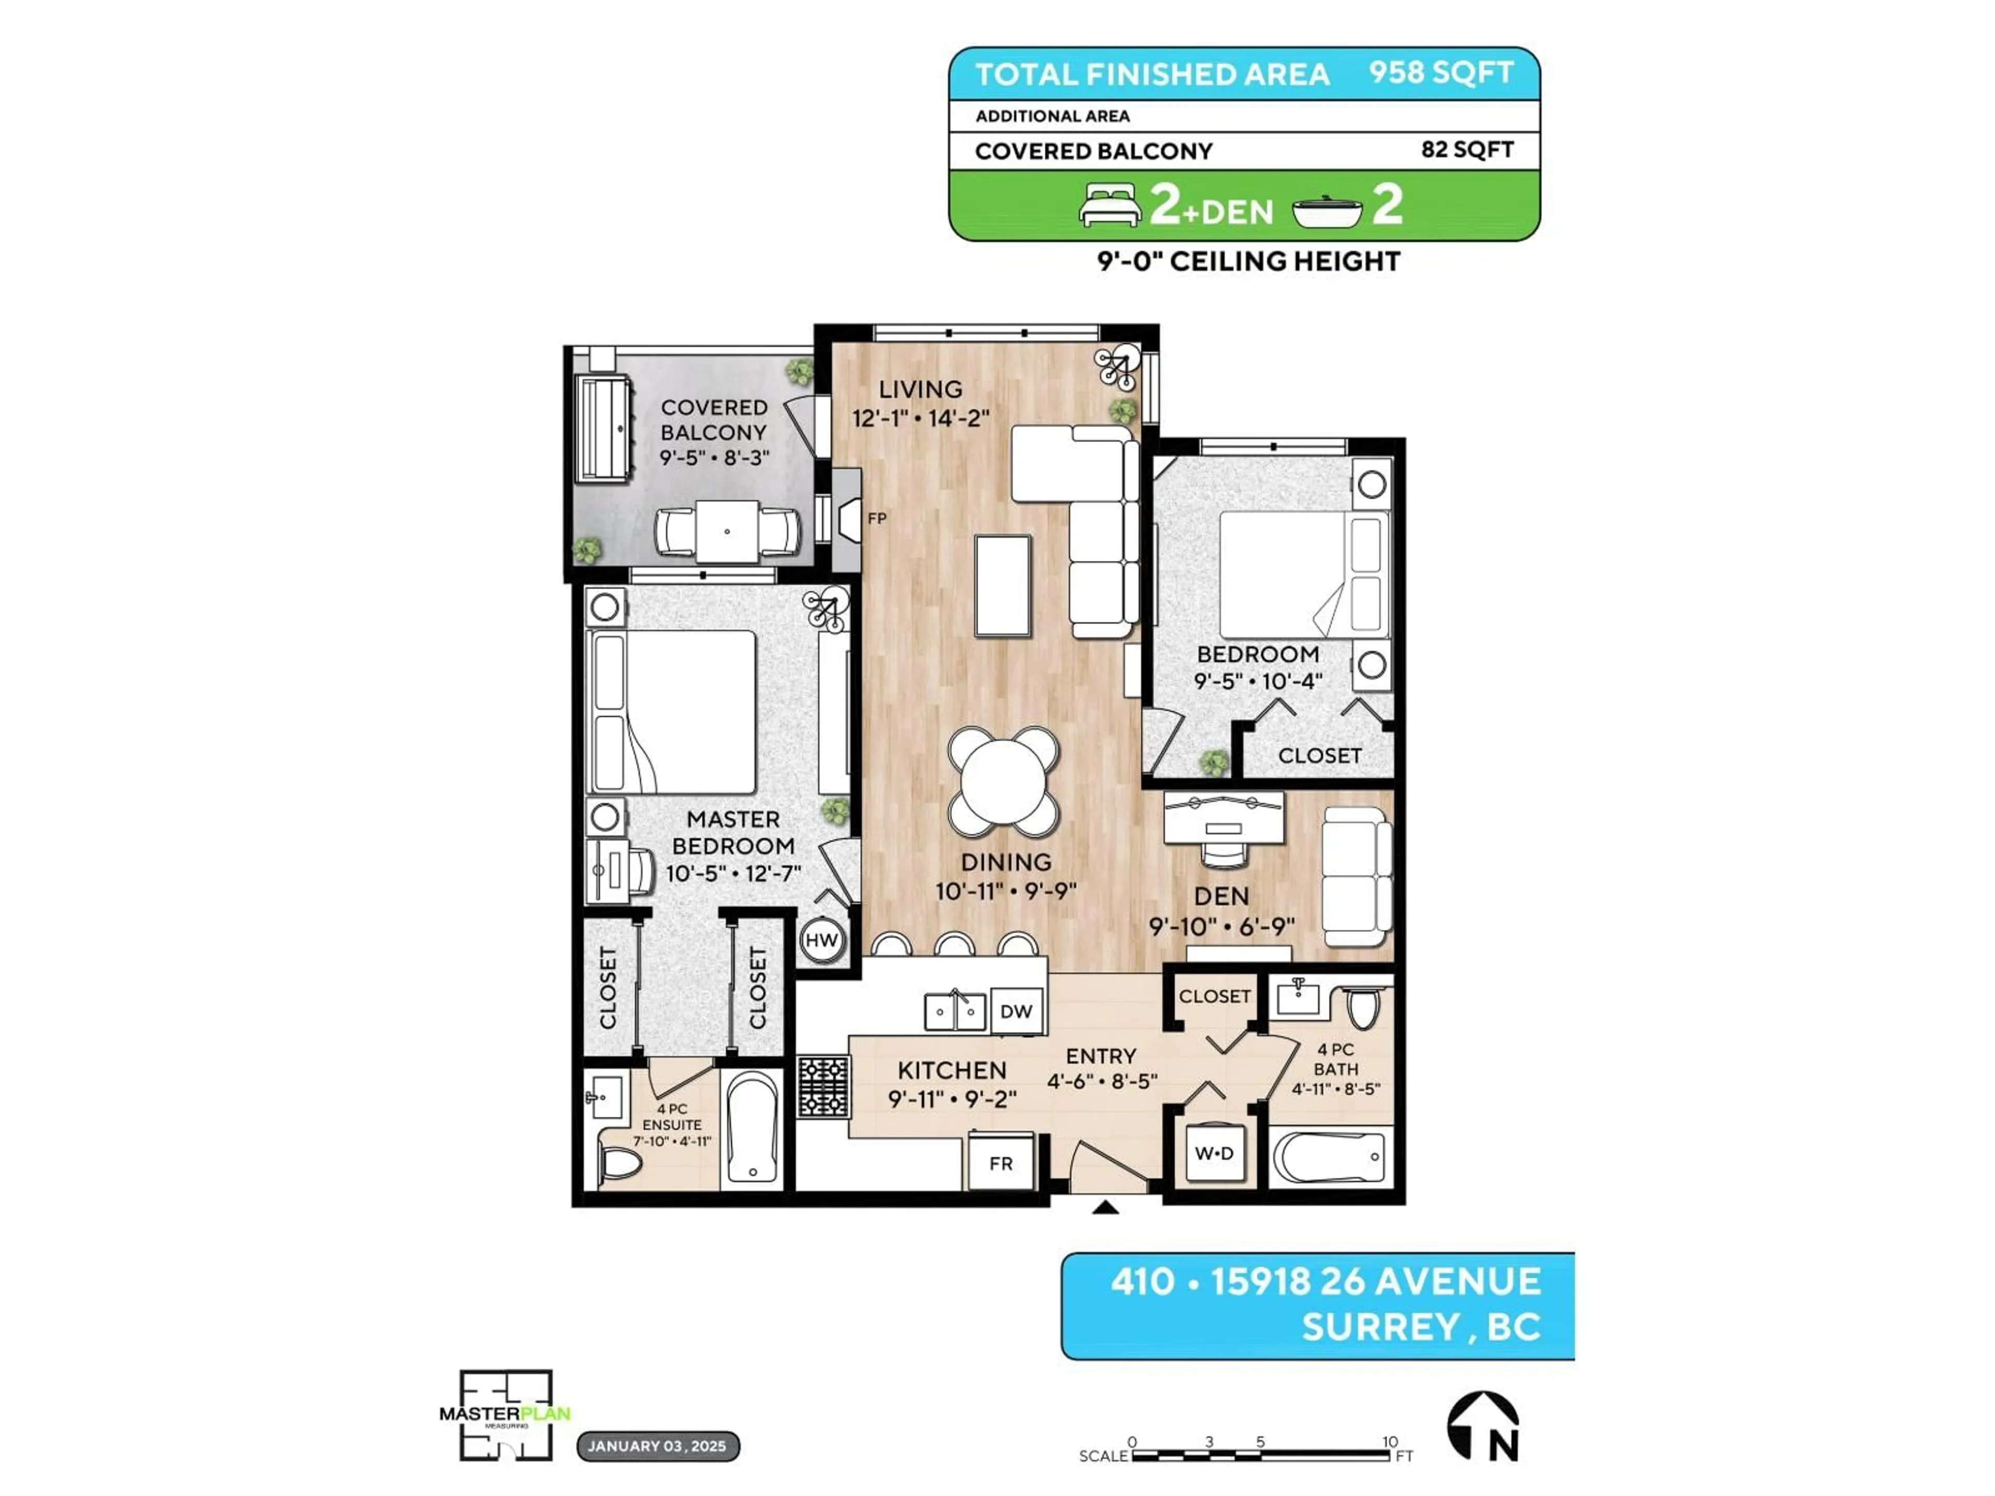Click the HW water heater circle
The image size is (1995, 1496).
(x=821, y=941)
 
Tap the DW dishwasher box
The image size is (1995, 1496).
(x=1016, y=1011)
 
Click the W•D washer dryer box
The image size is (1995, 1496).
(x=1214, y=1153)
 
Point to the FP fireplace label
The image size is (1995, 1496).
(x=876, y=518)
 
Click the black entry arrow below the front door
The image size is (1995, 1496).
(x=1105, y=1208)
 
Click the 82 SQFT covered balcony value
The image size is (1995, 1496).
(x=1467, y=150)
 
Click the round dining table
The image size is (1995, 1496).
(x=1003, y=781)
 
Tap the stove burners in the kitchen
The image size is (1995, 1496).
(x=823, y=1088)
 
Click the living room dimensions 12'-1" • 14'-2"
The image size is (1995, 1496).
(x=920, y=418)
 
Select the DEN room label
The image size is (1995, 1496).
(x=1221, y=897)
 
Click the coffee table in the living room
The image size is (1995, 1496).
(x=1003, y=585)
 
